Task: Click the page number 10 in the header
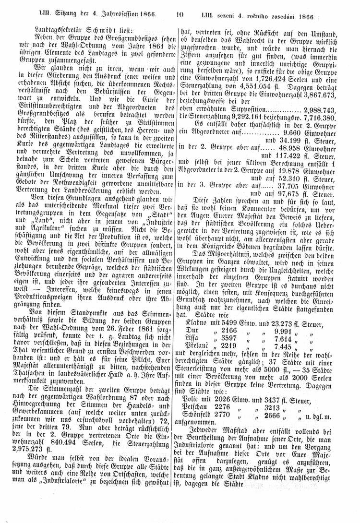pos(180,15)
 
